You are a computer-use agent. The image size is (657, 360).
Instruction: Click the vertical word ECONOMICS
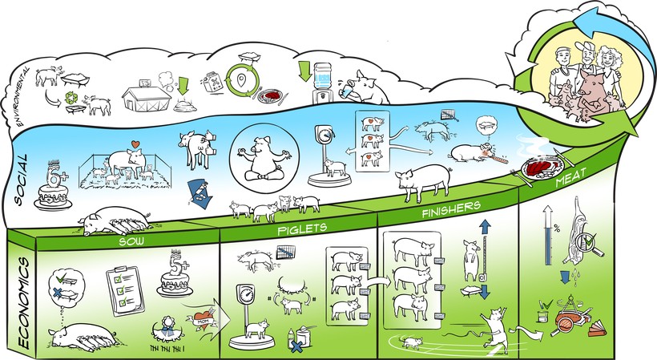pos(22,293)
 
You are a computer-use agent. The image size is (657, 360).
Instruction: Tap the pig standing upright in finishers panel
pos(470,264)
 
